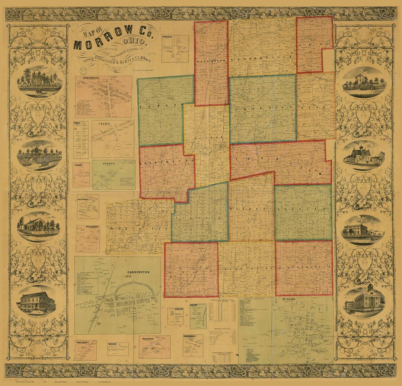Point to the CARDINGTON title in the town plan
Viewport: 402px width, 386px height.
click(x=138, y=272)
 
